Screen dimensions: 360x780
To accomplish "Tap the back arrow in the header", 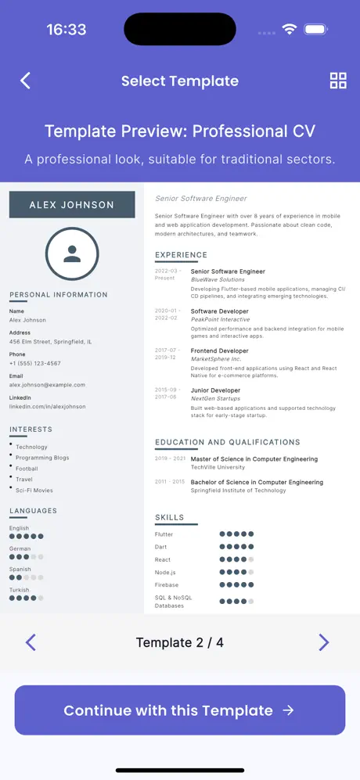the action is (x=26, y=81).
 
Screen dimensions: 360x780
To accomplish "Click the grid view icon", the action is (x=338, y=81).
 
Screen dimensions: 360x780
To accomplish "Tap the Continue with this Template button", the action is (x=180, y=710).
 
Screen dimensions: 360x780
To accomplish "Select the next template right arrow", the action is (x=324, y=642).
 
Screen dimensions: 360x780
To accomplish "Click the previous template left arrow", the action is (x=31, y=642).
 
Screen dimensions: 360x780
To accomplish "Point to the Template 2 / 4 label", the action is (x=180, y=642).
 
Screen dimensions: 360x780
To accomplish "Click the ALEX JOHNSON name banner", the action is (x=72, y=205).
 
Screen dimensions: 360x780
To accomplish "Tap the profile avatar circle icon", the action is (x=72, y=253).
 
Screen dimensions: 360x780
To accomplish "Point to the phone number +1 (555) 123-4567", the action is (x=34, y=363).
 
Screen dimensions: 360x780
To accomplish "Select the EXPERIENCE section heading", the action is (x=181, y=255).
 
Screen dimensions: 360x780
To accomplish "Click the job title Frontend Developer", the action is (x=220, y=351).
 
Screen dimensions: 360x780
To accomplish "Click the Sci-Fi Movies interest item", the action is (x=34, y=491).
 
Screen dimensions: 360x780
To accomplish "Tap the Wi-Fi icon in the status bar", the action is (x=290, y=30).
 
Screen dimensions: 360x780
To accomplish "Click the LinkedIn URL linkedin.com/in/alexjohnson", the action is (x=47, y=407).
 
